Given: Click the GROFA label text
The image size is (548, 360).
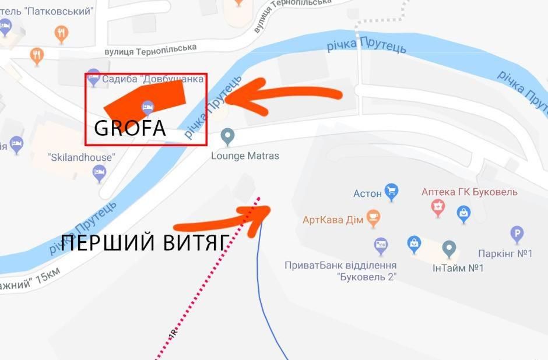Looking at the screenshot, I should (x=129, y=128).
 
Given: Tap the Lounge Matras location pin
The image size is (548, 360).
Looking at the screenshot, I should (x=228, y=136).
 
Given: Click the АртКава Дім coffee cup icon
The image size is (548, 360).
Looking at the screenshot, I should (x=373, y=218).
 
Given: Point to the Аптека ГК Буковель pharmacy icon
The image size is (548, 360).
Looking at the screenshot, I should (x=438, y=206).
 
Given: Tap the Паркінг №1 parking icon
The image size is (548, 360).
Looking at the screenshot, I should (x=517, y=235).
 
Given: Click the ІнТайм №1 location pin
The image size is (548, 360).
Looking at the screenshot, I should (x=449, y=249).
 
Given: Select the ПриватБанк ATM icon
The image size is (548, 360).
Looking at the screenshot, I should (x=381, y=245).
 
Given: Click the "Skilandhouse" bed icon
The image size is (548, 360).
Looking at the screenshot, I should (x=100, y=171).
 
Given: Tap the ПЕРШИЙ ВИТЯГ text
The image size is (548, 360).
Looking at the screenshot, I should (x=143, y=243).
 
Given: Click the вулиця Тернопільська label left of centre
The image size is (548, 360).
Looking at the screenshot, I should (x=150, y=50).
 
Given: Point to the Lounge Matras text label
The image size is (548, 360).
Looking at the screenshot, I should (x=245, y=156).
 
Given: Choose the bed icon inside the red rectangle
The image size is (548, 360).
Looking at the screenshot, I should (x=147, y=107).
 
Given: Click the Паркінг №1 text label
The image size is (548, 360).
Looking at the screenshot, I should (x=505, y=254).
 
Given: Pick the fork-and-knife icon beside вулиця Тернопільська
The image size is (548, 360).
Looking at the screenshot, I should (x=37, y=55).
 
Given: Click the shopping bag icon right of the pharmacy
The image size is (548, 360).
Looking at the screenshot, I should (x=463, y=213).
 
